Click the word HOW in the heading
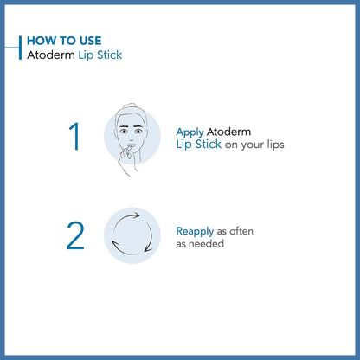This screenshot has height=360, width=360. pyautogui.click(x=41, y=41)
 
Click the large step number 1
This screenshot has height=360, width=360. pyautogui.click(x=74, y=138)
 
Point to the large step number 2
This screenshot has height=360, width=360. pyautogui.click(x=75, y=235)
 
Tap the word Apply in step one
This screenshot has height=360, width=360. pyautogui.click(x=190, y=132)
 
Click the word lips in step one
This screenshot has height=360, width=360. pyautogui.click(x=272, y=145)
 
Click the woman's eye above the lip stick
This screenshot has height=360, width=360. pyautogui.click(x=126, y=136)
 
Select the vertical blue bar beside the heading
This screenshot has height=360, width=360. pyautogui.click(x=20, y=48)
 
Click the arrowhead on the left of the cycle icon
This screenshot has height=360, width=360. pyautogui.click(x=112, y=244)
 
